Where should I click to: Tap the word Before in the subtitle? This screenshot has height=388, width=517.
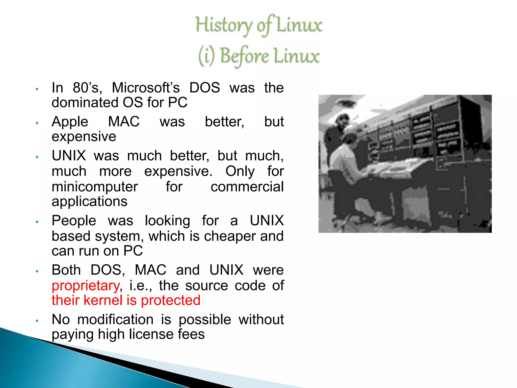pyautogui.click(x=244, y=56)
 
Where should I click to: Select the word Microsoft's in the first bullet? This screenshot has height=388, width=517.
pyautogui.click(x=146, y=88)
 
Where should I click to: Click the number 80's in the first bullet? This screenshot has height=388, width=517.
pyautogui.click(x=87, y=88)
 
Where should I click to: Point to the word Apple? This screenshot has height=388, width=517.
pyautogui.click(x=70, y=122)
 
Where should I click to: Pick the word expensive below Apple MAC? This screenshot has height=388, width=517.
pyautogui.click(x=84, y=137)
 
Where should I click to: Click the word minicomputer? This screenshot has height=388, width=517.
pyautogui.click(x=95, y=187)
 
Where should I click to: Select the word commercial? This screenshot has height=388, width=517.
pyautogui.click(x=247, y=187)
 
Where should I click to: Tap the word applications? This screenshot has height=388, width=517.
pyautogui.click(x=89, y=202)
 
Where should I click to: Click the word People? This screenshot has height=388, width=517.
pyautogui.click(x=74, y=221)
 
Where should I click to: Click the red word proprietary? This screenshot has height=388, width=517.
pyautogui.click(x=86, y=286)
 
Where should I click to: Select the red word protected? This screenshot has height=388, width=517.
pyautogui.click(x=170, y=300)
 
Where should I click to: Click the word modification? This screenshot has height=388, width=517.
pyautogui.click(x=115, y=320)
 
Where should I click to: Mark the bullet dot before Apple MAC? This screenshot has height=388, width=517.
pyautogui.click(x=37, y=123)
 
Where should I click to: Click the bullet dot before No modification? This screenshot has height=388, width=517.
pyautogui.click(x=37, y=321)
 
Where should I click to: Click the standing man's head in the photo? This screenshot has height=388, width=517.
pyautogui.click(x=342, y=121)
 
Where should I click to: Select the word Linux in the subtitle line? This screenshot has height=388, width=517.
pyautogui.click(x=296, y=56)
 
